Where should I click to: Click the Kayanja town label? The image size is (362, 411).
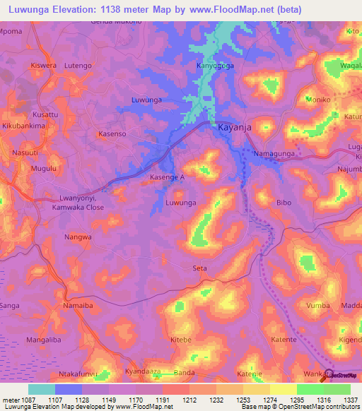click(x=235, y=128)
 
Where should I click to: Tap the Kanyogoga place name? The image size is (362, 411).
click(x=216, y=66)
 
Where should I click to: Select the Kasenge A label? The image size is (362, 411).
click(x=168, y=178)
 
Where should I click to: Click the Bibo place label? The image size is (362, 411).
click(x=284, y=203)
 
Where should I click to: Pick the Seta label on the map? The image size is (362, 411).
click(x=200, y=268)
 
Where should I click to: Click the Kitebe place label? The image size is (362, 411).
click(x=180, y=340)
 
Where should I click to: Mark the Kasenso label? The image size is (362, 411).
click(x=112, y=133)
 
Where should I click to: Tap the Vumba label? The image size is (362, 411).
click(x=318, y=306)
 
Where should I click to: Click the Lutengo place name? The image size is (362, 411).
click(x=78, y=66)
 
